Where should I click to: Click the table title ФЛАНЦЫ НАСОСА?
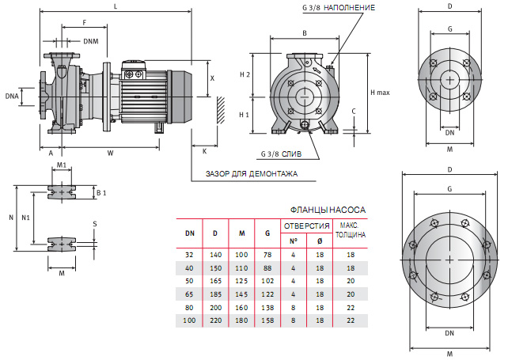click(x=328, y=210)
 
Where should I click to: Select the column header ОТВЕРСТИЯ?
click(x=307, y=226)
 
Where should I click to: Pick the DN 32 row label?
click(x=189, y=256)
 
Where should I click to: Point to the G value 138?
click(x=267, y=307)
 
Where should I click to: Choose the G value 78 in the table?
click(x=267, y=256)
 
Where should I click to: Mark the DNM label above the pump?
click(x=91, y=41)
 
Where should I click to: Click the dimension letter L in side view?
click(x=116, y=7)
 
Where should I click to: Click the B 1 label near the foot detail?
click(x=100, y=192)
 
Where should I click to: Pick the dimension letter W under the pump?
click(x=110, y=152)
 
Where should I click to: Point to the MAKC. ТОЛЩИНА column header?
click(x=350, y=230)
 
